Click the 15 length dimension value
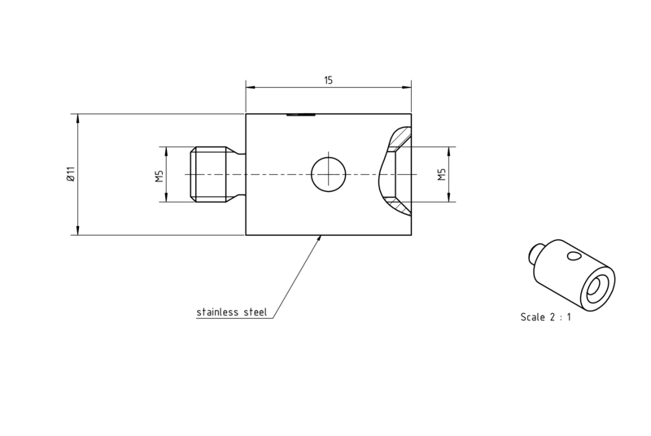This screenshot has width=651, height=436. click(328, 80)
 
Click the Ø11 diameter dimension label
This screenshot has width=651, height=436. click(71, 174)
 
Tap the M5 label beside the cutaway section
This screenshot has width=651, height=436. click(441, 174)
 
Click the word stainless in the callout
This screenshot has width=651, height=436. click(217, 312)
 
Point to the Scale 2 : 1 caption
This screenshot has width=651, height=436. click(545, 317)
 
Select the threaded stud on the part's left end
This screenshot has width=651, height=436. click(208, 174)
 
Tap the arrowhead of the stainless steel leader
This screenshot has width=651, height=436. click(319, 238)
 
